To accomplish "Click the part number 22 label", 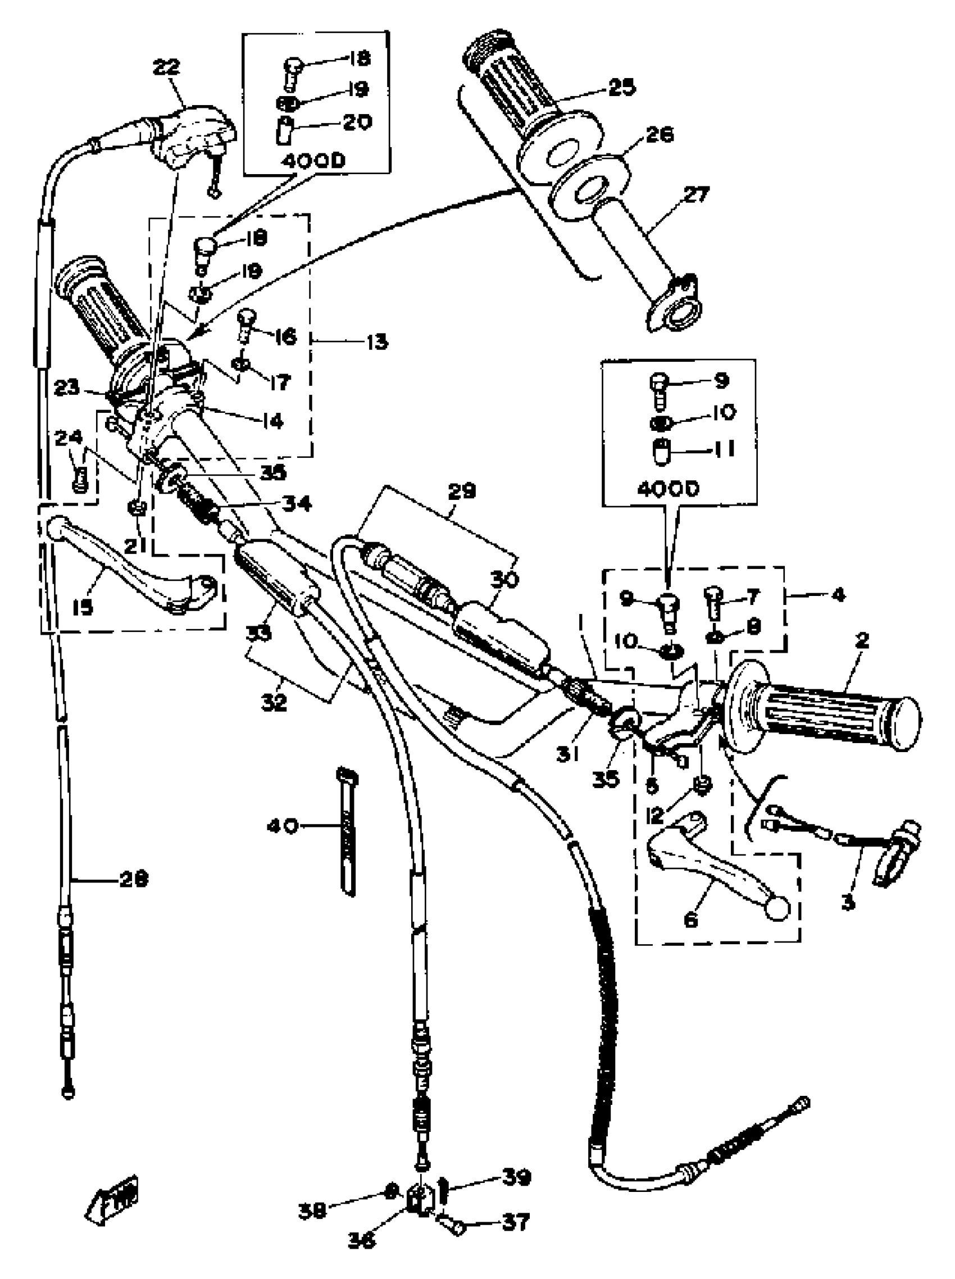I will pyautogui.click(x=166, y=67).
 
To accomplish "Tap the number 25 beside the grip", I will pyautogui.click(x=621, y=87).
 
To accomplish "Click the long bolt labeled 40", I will pyautogui.click(x=347, y=832).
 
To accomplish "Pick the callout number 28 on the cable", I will pyautogui.click(x=134, y=879).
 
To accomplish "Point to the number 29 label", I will pyautogui.click(x=462, y=491).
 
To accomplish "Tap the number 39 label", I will pyautogui.click(x=516, y=1177).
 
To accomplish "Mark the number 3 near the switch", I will pyautogui.click(x=848, y=902).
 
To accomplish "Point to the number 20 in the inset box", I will pyautogui.click(x=357, y=122).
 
